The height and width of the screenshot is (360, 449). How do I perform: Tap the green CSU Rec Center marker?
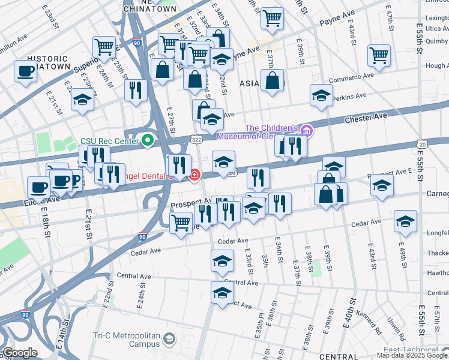click(x=147, y=141)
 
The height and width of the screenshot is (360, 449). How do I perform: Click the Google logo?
click(x=19, y=353)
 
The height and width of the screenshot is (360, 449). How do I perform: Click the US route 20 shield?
click(x=423, y=144)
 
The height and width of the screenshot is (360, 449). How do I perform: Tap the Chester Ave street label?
click(x=364, y=119)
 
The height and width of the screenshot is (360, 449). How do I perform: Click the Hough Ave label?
click(x=436, y=66)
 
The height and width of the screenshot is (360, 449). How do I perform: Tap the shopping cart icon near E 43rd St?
click(x=379, y=55)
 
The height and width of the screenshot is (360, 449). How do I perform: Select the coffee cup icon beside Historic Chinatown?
click(x=26, y=71)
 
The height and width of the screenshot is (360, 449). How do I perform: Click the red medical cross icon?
click(x=194, y=175)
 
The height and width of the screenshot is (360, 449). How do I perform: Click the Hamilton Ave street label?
click(x=13, y=37)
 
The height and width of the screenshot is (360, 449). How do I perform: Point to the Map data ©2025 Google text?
click(x=412, y=355)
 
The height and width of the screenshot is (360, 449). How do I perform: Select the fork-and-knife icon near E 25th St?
click(x=136, y=90)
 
